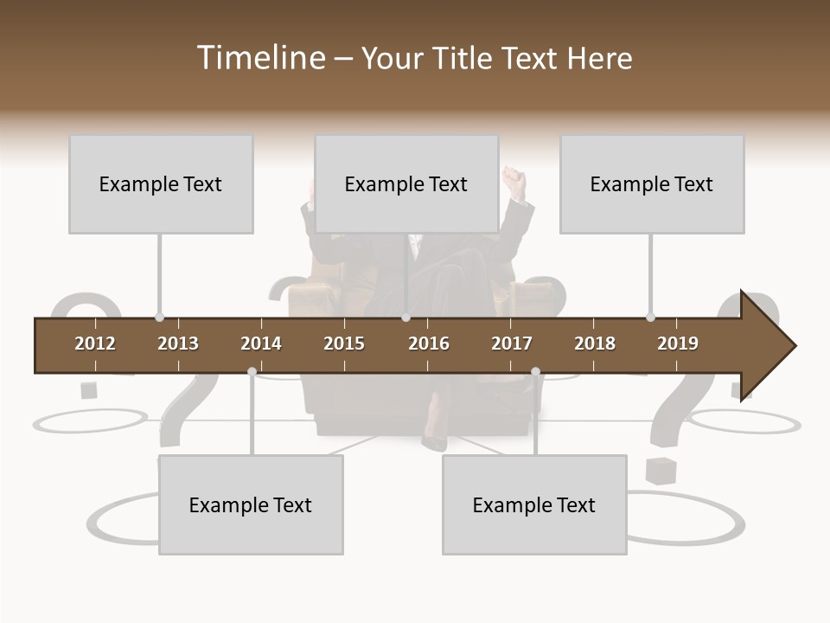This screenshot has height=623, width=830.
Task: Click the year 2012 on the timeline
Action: coord(95,344)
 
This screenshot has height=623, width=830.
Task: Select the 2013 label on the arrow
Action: coord(178,344)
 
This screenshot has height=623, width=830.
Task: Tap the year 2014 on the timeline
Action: coord(261,344)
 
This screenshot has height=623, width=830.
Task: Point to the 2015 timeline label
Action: coord(344,344)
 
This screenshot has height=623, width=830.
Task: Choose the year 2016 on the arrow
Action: coord(429,344)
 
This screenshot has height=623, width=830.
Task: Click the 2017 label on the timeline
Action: coord(512,344)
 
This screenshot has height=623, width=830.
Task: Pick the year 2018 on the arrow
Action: coord(595,344)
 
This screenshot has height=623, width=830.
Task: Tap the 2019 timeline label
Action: coord(678,344)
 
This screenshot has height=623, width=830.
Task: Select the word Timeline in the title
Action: coord(259,58)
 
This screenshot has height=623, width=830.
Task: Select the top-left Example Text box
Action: coord(161,183)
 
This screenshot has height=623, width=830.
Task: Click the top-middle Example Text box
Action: coord(406,183)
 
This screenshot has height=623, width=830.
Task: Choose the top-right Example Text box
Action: coord(652,183)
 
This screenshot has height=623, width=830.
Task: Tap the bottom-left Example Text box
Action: coord(251,504)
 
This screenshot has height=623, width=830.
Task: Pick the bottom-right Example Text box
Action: coord(534,504)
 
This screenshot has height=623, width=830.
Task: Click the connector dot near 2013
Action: coord(159,318)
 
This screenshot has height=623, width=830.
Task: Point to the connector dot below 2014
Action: coord(252,371)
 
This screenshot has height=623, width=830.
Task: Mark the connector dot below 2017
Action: coord(535,371)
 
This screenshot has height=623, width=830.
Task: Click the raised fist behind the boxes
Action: coord(516,183)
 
